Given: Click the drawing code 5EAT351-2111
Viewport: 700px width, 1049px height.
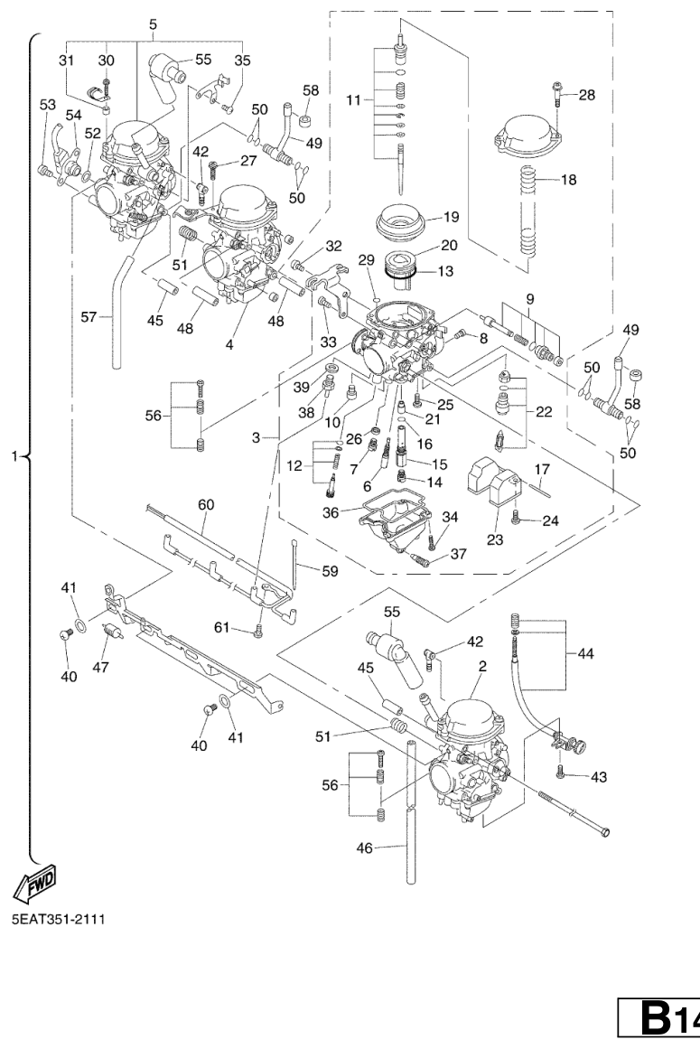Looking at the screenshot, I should [58, 919].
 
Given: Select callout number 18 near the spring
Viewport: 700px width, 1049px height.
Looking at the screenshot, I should [567, 180].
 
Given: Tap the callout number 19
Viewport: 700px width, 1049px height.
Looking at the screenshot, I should [451, 218].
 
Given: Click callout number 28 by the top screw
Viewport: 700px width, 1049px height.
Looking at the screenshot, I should [588, 94].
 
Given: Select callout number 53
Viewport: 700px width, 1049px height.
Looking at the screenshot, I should [46, 105].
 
